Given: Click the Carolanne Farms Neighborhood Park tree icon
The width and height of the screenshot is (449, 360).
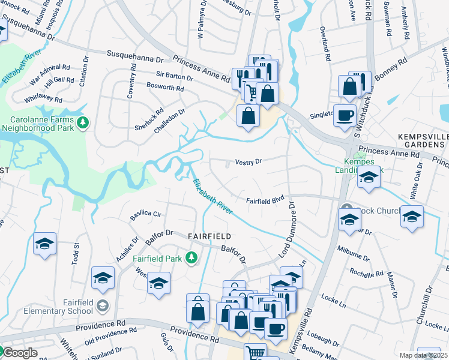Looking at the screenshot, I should tap(83, 123).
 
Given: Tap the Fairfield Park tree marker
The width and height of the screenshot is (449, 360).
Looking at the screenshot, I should tap(191, 258).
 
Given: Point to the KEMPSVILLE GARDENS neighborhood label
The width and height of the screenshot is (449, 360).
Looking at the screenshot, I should tap(423, 141).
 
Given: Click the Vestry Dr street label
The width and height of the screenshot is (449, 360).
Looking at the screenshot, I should tap(249, 162).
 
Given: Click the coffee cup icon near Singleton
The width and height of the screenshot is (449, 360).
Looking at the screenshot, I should tap(345, 115).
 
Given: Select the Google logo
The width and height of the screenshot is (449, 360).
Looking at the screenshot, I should tap(20, 353).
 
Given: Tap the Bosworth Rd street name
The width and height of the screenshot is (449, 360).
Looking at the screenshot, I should tap(165, 88).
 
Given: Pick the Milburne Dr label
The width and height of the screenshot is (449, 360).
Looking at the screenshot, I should tap(352, 249).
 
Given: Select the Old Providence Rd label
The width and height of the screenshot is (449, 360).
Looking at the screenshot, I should tap(105, 334).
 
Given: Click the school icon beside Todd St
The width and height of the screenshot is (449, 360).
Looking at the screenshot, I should tap(45, 244).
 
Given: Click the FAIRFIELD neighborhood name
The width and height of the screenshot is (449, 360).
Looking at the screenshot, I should tap(210, 236).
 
